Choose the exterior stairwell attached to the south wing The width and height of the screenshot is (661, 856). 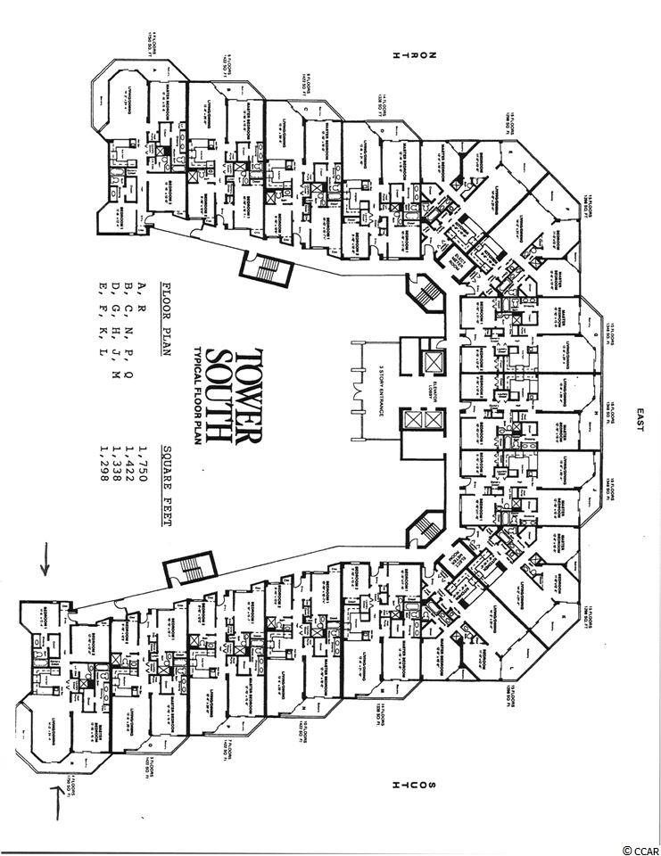189,567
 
